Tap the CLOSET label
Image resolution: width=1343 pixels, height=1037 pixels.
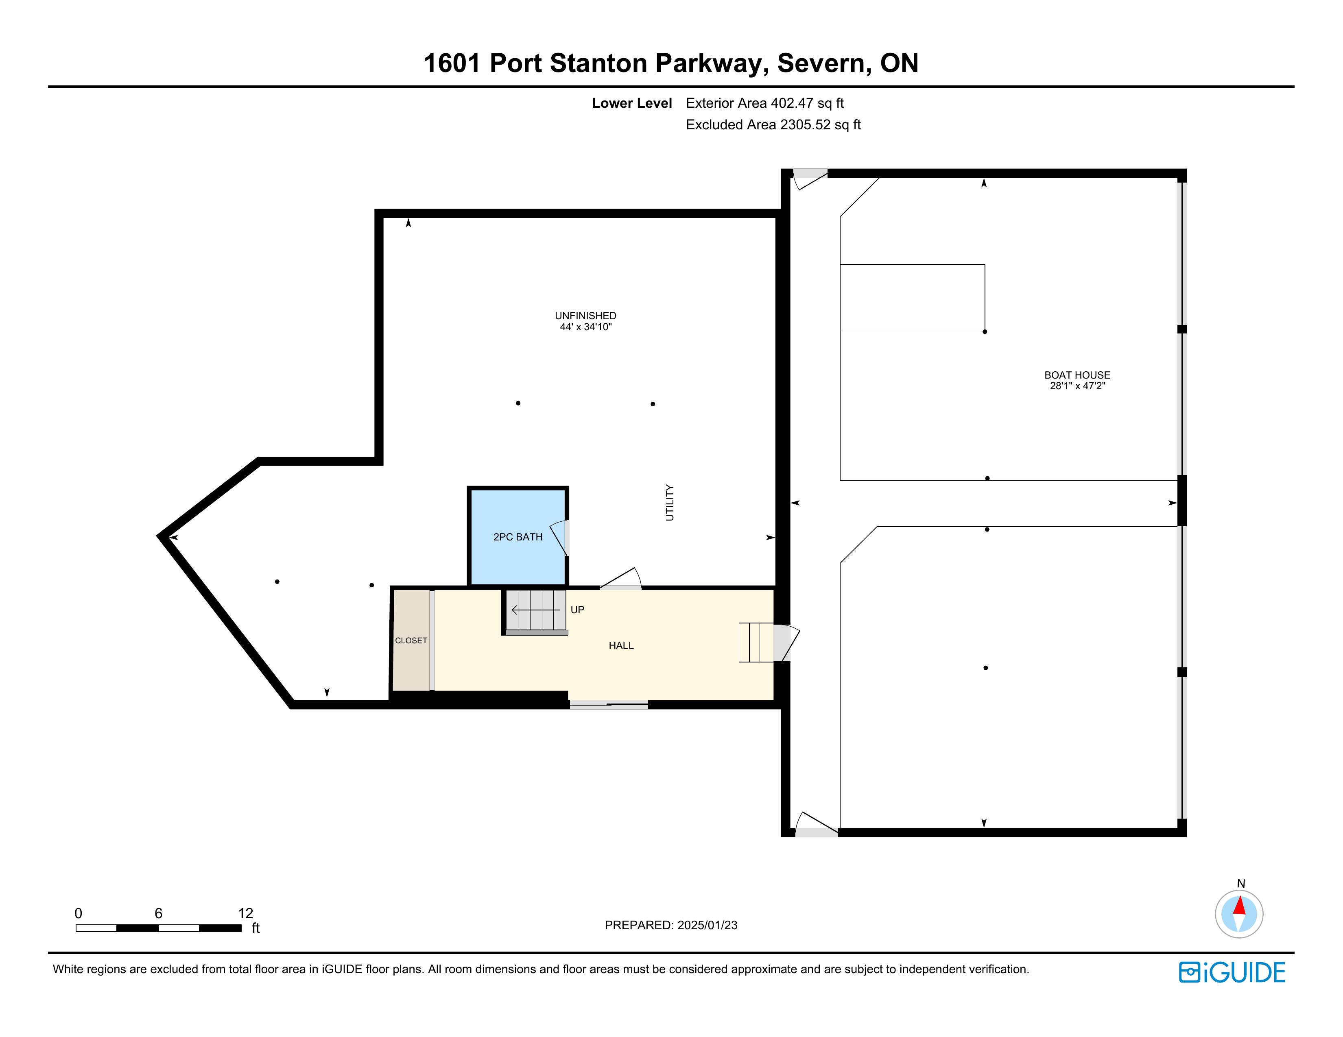pos(411,640)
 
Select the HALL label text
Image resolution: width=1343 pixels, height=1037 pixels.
pos(621,645)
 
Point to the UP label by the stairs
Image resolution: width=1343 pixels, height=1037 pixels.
pos(577,610)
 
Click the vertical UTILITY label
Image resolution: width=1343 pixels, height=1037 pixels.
pos(670,503)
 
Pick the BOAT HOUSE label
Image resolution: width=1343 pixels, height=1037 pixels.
pos(1077,375)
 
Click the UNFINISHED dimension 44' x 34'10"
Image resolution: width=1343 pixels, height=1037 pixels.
pos(585,327)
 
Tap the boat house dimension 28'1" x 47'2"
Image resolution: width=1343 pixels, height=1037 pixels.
pos(1077,386)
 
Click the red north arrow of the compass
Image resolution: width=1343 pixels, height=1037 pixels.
pos(1239,906)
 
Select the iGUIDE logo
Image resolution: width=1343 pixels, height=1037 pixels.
pos(1232,972)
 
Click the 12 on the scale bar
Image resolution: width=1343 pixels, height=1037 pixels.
pos(245,913)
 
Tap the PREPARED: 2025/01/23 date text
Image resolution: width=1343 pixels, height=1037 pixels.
pos(671,925)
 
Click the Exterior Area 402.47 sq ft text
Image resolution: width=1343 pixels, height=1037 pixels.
pos(765,103)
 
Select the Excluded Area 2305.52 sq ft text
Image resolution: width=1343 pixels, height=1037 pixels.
pos(773,125)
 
